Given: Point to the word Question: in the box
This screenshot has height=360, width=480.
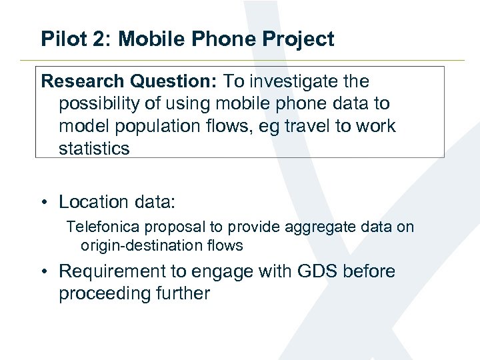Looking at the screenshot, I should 174,81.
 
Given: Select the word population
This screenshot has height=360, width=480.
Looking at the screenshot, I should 156,126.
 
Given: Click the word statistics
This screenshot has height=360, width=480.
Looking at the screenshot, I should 94,148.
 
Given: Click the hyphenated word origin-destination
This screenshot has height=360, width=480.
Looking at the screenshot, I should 140,245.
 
